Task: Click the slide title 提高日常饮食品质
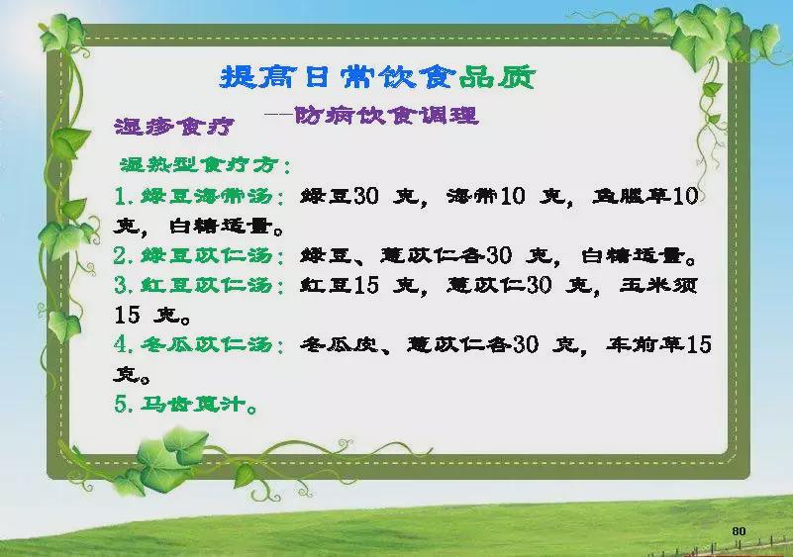click(x=378, y=78)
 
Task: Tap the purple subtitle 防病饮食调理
click(x=386, y=115)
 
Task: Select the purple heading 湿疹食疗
click(x=175, y=126)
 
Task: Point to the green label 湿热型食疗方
click(x=200, y=164)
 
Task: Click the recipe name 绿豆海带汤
click(x=207, y=196)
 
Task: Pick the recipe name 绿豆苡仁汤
click(x=207, y=255)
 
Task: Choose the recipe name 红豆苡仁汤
click(x=207, y=285)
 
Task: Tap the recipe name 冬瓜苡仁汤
click(x=207, y=344)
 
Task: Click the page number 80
click(x=739, y=530)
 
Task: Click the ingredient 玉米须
click(x=659, y=285)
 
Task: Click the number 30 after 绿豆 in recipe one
click(x=365, y=196)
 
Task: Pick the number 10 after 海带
click(x=512, y=196)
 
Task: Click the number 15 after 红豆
click(x=365, y=285)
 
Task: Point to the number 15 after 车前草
click(x=699, y=344)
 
